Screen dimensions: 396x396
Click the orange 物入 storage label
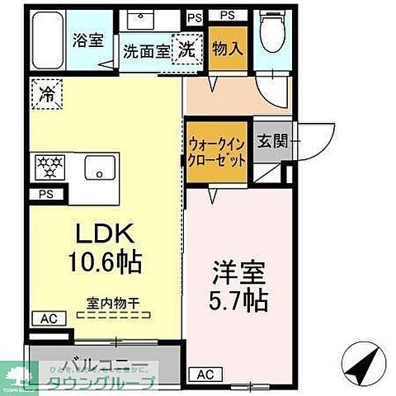pyautogui.click(x=228, y=48)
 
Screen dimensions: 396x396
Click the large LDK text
pyautogui.click(x=102, y=234)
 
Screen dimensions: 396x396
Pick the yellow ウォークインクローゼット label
pyautogui.click(x=216, y=150)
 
